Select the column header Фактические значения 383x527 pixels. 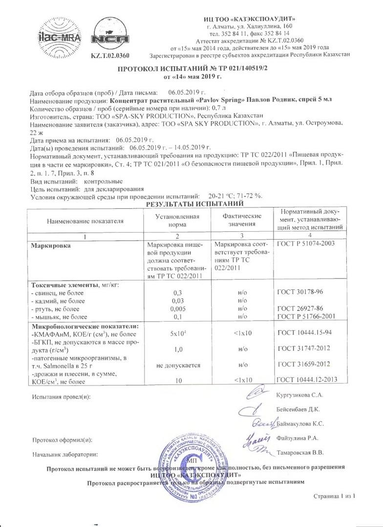point(242,220)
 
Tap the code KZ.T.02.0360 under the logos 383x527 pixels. point(113,58)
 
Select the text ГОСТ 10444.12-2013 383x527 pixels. point(308,380)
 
